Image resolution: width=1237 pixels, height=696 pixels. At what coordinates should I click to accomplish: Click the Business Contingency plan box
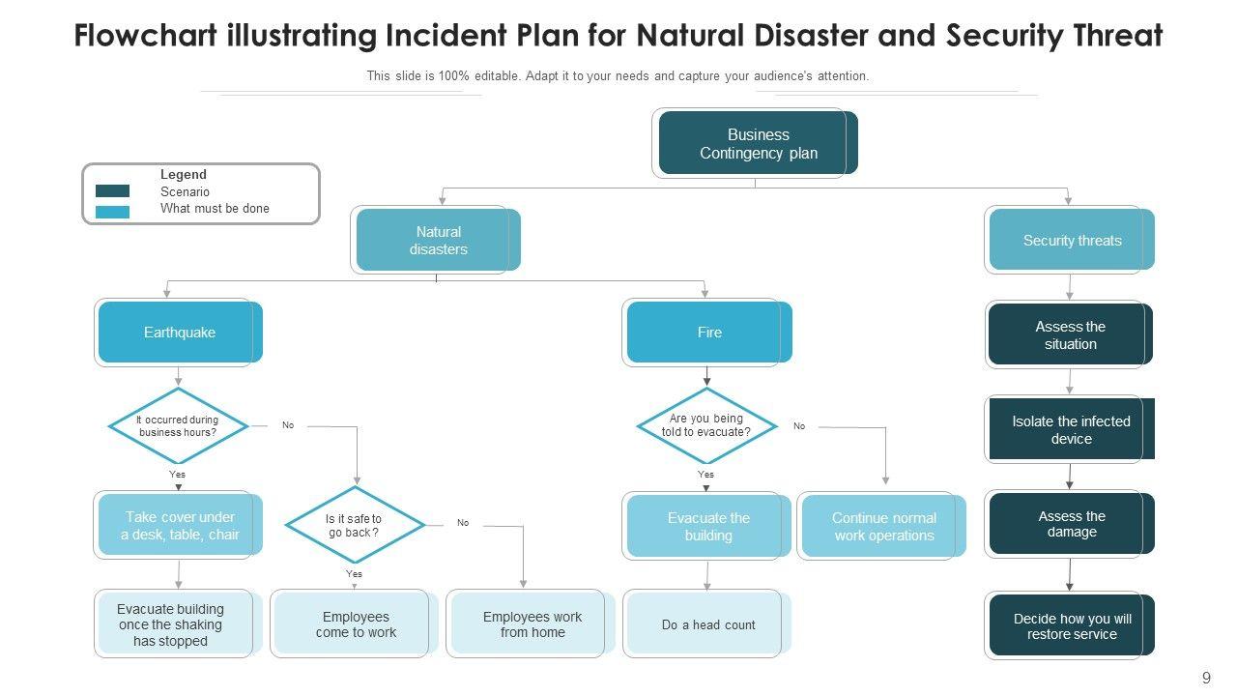[x=758, y=144]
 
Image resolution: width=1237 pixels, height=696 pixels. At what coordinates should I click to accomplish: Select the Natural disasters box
[x=438, y=240]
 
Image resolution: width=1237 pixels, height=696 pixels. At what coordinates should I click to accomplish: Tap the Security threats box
[x=1072, y=240]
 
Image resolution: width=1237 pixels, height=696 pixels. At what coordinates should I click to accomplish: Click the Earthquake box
[x=180, y=333]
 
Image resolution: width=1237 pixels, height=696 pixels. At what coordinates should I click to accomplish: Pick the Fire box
[x=709, y=333]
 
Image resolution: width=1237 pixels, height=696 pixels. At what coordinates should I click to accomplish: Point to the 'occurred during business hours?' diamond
[x=178, y=426]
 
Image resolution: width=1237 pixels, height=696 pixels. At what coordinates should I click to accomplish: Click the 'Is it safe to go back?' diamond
[x=355, y=525]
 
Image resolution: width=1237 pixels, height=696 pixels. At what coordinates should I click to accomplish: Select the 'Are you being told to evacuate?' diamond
[x=706, y=426]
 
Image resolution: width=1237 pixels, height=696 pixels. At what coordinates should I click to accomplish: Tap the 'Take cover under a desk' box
[x=180, y=526]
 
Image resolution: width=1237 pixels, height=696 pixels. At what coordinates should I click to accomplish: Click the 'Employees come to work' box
[x=355, y=624]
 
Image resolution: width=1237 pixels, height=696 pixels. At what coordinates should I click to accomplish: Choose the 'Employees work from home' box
[x=532, y=624]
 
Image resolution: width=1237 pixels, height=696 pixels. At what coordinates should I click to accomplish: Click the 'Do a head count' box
[x=708, y=624]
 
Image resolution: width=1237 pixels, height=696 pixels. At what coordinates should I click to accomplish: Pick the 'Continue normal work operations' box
[x=883, y=527]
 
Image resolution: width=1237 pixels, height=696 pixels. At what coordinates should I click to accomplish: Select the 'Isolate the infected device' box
[x=1071, y=429]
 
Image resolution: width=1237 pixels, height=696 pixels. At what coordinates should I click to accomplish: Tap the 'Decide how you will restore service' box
[x=1072, y=626]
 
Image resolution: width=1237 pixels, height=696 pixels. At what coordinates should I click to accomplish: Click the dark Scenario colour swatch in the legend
[x=113, y=191]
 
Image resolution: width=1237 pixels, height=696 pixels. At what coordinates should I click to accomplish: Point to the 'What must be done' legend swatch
[x=113, y=212]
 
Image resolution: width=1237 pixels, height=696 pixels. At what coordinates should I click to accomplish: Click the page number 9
[x=1206, y=679]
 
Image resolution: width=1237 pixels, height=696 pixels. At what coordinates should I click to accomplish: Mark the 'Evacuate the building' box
[x=708, y=527]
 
